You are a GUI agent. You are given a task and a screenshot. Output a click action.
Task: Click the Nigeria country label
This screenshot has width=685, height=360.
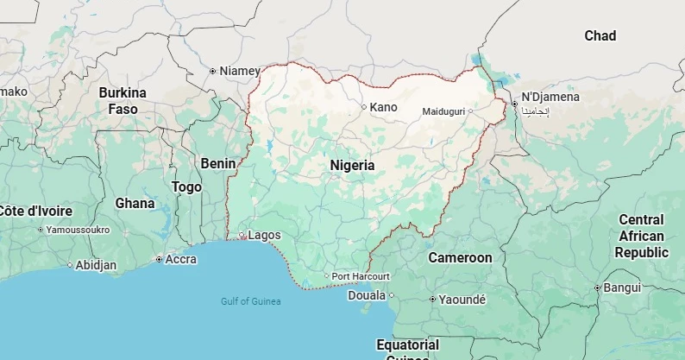tap(352, 165)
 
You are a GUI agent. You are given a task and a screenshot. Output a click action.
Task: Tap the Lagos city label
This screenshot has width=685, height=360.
tap(264, 235)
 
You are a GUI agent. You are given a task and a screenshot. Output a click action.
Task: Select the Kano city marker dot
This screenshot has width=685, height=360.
tap(364, 107)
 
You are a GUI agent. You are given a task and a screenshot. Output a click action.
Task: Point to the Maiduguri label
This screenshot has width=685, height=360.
tap(443, 112)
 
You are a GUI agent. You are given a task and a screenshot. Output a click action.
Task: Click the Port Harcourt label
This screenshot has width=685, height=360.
tap(361, 276)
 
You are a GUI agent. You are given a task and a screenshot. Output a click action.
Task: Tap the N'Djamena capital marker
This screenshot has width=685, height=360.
tap(514, 104)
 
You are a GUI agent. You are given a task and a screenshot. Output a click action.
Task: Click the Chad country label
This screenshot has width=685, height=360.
tap(600, 36)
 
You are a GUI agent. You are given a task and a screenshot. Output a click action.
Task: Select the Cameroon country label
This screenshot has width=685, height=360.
tap(460, 257)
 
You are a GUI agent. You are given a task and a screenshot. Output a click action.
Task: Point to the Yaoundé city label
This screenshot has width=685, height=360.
tap(463, 300)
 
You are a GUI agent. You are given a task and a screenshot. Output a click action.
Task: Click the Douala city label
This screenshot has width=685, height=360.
tap(367, 295)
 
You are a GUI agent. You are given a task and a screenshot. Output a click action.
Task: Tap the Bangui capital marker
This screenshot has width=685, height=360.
tap(597, 287)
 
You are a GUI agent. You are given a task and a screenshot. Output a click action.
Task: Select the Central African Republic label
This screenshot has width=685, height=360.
tap(641, 237)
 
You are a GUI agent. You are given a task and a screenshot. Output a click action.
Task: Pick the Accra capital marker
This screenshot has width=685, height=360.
tap(159, 259)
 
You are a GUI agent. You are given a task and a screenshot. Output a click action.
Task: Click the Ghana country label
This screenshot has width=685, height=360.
tap(135, 204)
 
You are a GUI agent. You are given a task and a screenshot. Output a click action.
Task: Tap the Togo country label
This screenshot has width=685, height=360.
tap(186, 186)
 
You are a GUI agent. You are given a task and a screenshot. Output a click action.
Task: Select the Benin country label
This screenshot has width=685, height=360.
tap(217, 163)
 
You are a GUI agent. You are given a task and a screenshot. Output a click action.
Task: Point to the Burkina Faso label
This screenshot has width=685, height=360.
tap(123, 101)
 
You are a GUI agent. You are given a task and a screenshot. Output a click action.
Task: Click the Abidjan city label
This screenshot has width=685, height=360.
tap(96, 265)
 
